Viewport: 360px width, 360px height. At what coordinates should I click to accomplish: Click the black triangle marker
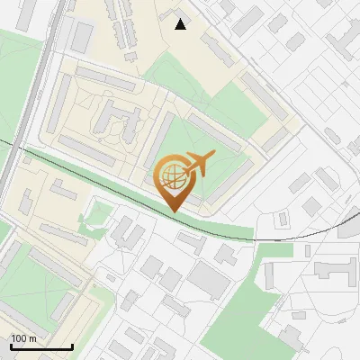click(x=181, y=24)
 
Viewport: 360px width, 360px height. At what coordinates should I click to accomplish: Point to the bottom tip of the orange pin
click(x=173, y=211)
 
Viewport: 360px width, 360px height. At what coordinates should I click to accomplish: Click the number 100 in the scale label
click(x=19, y=338)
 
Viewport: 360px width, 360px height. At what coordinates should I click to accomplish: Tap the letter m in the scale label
click(x=32, y=338)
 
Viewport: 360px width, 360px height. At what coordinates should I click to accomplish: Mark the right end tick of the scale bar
click(x=72, y=346)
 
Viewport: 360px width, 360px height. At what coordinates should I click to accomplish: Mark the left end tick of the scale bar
click(x=10, y=346)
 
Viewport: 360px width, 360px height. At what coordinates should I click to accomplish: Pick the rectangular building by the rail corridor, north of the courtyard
click(x=82, y=37)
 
